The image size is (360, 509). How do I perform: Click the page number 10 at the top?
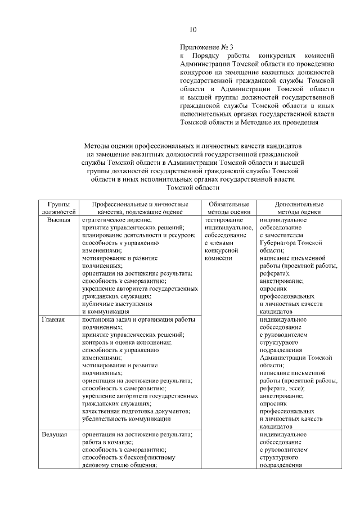point(193,29)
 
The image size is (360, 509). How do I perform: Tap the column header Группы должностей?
point(58,208)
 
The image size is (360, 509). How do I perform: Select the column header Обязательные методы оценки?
point(228,208)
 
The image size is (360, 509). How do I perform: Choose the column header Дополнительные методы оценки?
point(299,208)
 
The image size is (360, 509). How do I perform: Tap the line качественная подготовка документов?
point(136,411)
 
